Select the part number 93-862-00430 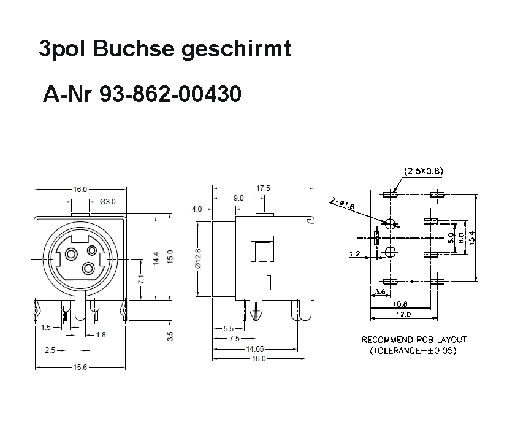(170, 95)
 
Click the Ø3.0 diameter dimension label (107, 201)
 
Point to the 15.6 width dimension (80, 367)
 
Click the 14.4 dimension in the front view (156, 258)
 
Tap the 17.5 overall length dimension (263, 188)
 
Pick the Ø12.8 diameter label (198, 259)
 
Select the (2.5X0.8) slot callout (423, 171)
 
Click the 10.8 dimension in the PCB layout (401, 304)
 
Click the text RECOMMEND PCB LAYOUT (414, 339)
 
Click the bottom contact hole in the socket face (88, 269)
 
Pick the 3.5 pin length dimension (170, 336)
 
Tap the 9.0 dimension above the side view (238, 198)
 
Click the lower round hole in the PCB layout (390, 252)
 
